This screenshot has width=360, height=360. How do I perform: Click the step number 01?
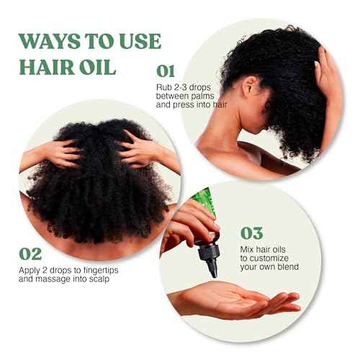pos(166,71)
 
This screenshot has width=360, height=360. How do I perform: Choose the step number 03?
pos(253,233)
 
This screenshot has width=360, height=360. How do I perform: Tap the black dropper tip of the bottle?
pos(212,264)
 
